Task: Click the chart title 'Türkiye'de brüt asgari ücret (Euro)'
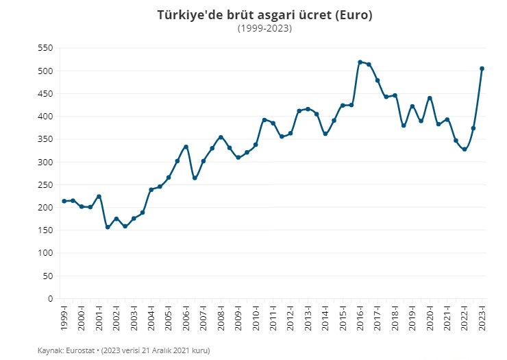coord(264,14)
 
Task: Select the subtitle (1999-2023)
coord(264,28)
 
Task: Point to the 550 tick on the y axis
coord(45,48)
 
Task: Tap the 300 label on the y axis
coord(45,162)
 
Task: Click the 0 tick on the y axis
coord(50,299)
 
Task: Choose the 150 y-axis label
coord(45,230)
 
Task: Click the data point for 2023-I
coord(482,69)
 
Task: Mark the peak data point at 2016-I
coord(360,62)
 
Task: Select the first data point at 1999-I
coord(64,201)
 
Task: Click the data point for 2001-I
coord(99,197)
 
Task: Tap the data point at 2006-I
coord(186,147)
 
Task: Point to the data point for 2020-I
coord(430,98)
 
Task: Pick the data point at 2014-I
coord(325,134)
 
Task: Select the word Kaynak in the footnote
coord(49,350)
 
